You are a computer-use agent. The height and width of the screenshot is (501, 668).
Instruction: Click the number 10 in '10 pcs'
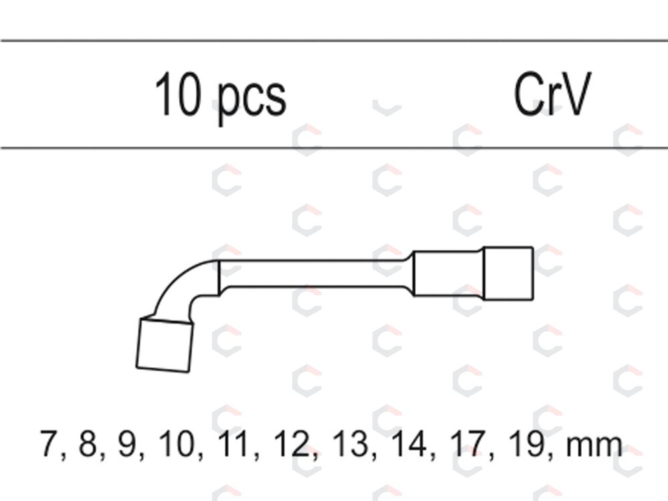(177, 94)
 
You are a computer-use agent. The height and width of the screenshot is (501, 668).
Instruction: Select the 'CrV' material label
(552, 94)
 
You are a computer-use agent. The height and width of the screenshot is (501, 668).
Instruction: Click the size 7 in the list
(49, 443)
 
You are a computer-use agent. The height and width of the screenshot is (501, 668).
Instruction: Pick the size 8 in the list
(88, 443)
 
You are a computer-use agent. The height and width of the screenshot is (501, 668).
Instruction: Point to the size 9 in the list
(127, 443)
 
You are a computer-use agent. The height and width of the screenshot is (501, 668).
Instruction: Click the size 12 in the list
(291, 443)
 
